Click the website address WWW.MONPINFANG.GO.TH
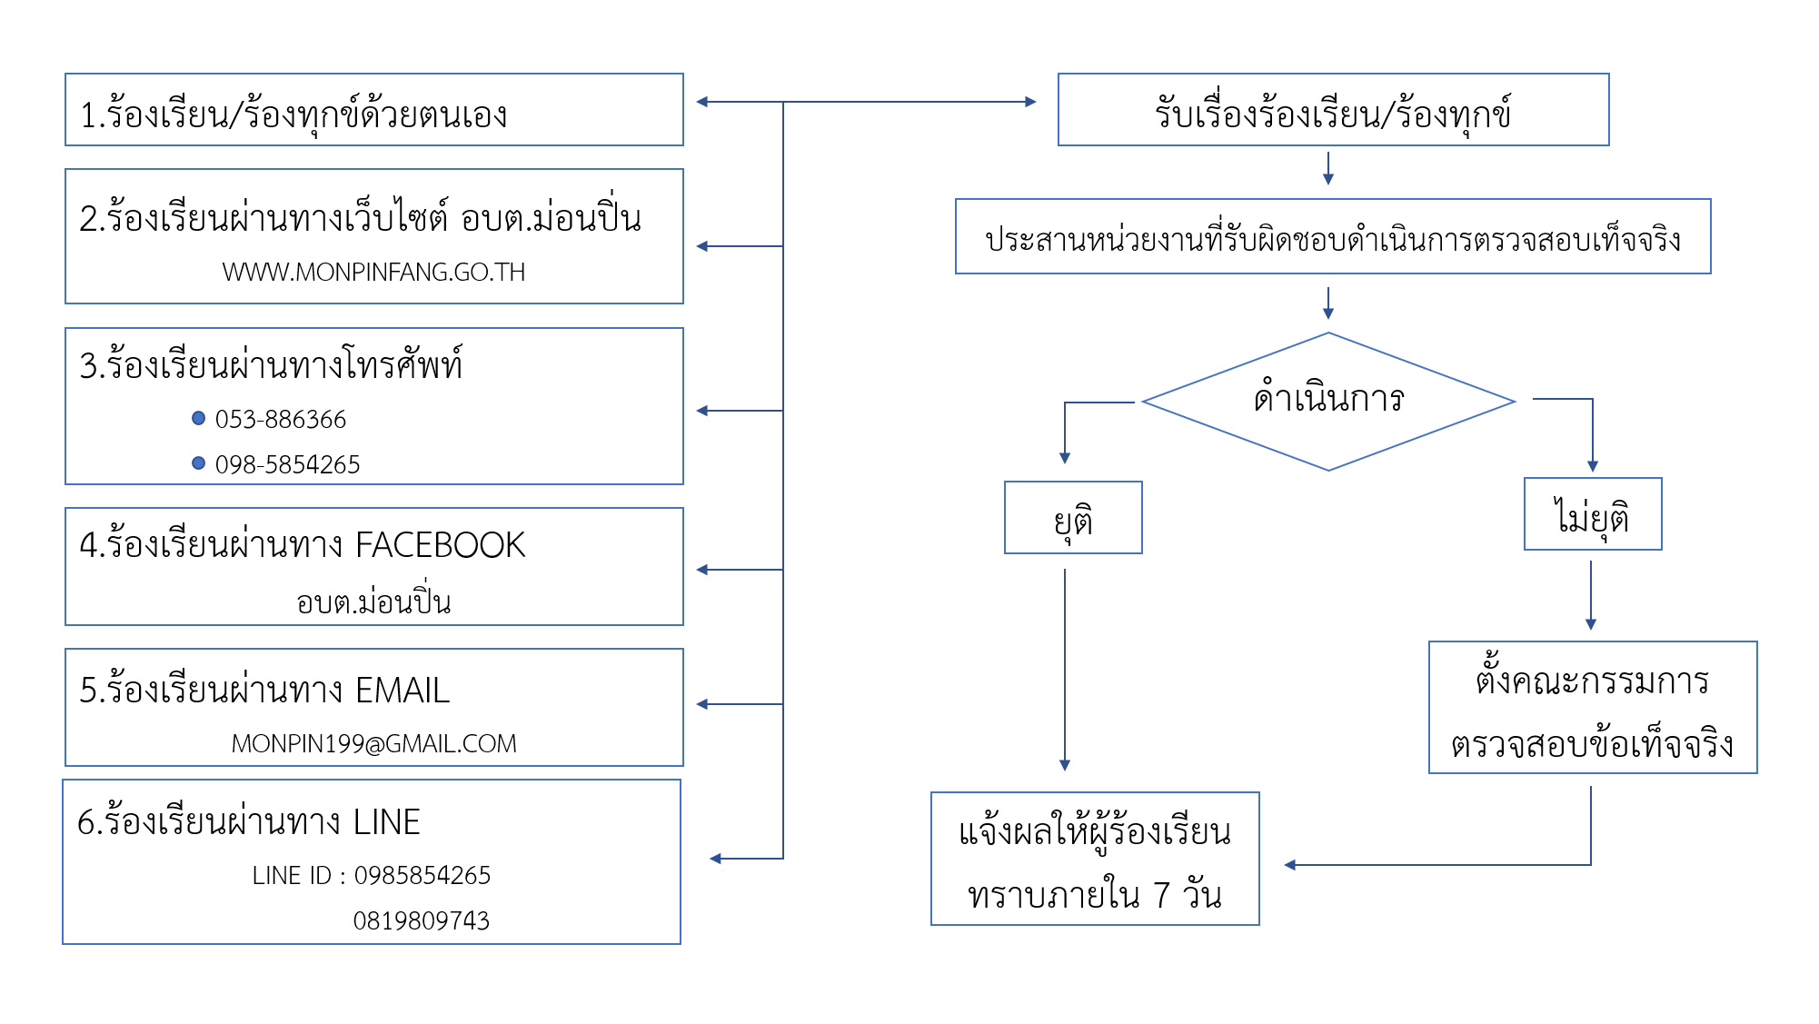click(373, 273)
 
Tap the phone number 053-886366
click(281, 420)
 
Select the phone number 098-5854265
click(287, 465)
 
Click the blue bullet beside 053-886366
click(199, 418)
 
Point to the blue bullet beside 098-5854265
click(199, 463)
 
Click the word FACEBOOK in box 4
click(441, 545)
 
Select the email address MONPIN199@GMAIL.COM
click(373, 744)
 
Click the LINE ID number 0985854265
click(422, 876)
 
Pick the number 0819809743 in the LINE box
click(421, 921)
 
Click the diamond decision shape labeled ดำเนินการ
click(1328, 401)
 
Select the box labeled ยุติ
click(1073, 518)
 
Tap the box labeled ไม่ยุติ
click(1593, 514)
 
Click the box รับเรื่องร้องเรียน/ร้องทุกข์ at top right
click(1333, 110)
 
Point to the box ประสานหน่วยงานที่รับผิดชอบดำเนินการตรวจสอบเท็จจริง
click(1333, 237)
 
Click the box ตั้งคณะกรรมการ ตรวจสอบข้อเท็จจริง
click(1593, 708)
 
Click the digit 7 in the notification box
click(1162, 896)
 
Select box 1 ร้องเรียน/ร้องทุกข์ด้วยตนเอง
click(373, 110)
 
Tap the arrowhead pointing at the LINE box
click(715, 859)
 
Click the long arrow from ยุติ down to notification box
click(1065, 668)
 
